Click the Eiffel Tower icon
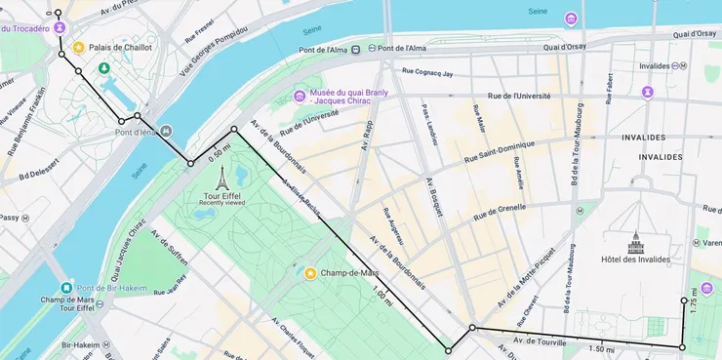tap(221, 179)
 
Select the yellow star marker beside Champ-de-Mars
tap(310, 273)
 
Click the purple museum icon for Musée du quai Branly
tap(300, 95)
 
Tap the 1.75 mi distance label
tap(694, 300)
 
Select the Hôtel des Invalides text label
tap(637, 260)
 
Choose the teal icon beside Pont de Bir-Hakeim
tap(66, 288)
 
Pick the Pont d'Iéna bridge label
tap(134, 132)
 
